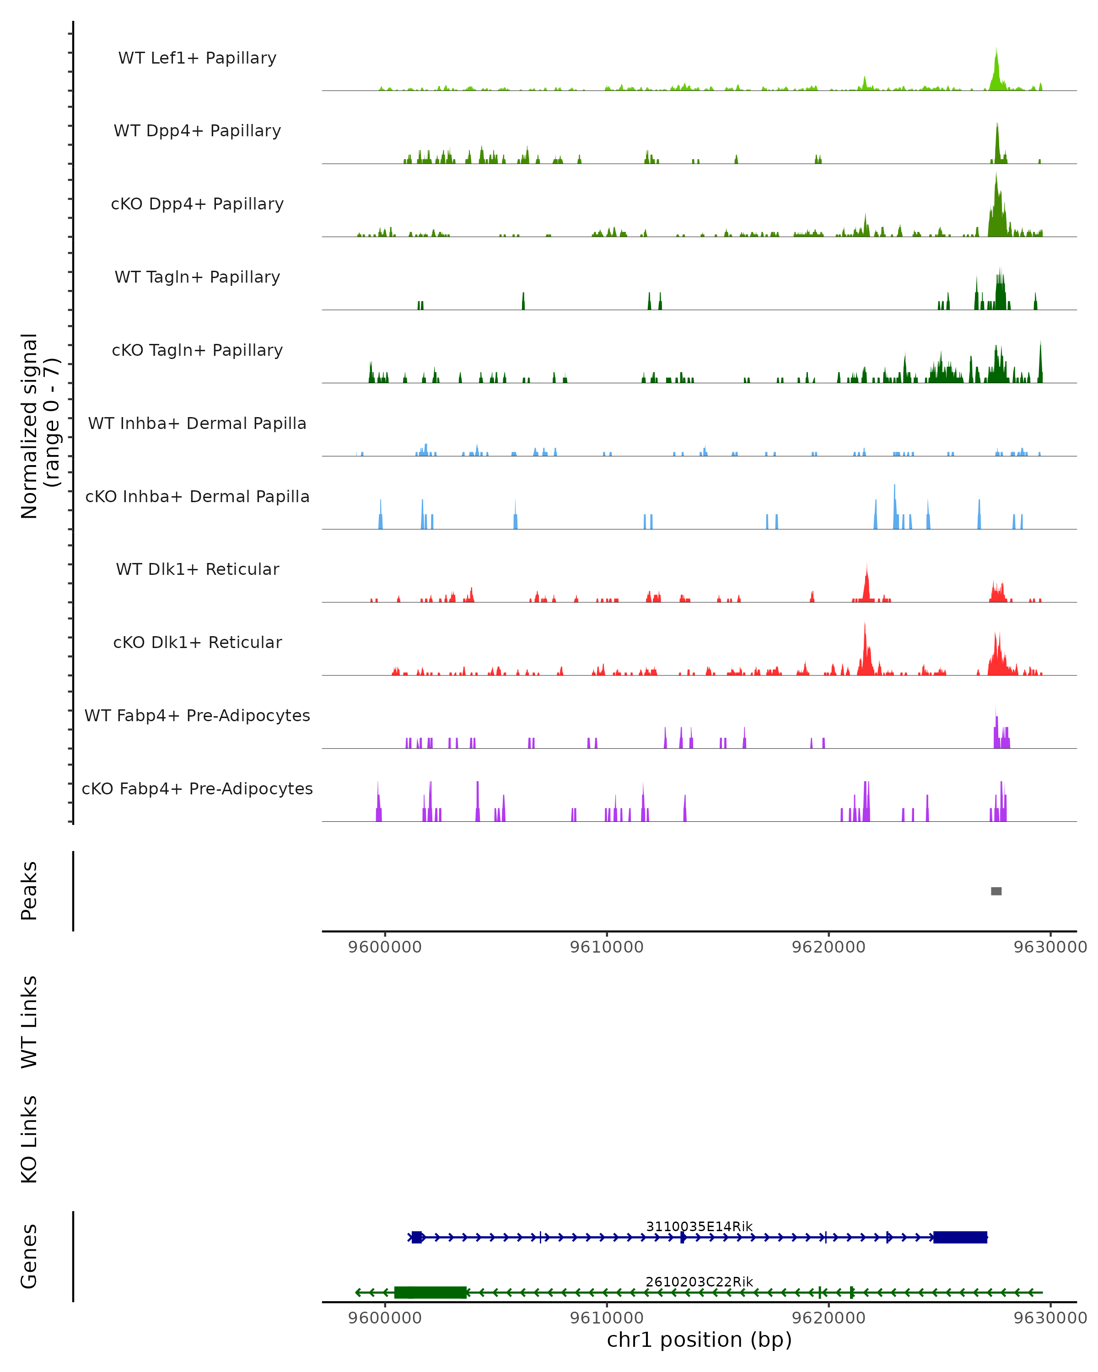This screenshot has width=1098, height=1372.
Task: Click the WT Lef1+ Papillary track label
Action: coord(197,58)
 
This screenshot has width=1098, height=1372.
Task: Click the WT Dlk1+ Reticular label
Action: coord(197,569)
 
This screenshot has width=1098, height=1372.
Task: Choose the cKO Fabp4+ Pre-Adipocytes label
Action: coord(197,788)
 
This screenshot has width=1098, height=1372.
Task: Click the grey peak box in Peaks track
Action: coord(996,891)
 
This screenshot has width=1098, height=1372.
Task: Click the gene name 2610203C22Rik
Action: coord(699,1281)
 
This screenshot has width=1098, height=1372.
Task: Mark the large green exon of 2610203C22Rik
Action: coord(431,1292)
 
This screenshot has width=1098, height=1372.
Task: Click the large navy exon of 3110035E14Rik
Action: coord(960,1237)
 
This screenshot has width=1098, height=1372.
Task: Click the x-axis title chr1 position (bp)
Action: coord(699,1340)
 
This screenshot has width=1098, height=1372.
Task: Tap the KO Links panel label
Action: coord(29,1140)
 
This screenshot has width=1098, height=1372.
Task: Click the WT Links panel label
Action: coord(29,1022)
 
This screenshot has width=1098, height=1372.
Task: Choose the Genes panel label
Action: coord(29,1256)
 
